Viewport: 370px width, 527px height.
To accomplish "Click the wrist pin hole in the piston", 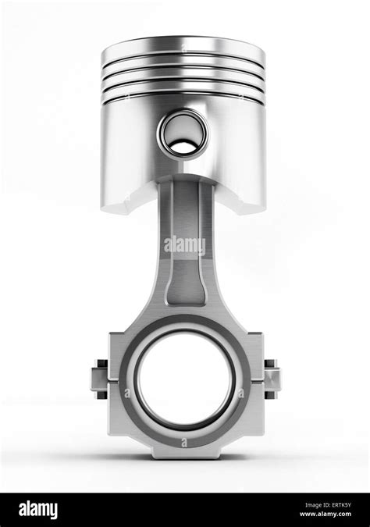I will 184,130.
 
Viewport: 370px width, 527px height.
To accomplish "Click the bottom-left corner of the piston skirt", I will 105,205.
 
